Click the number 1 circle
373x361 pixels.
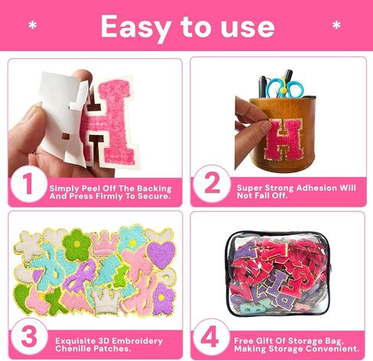[x=28, y=185]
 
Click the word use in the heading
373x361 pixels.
[x=245, y=28]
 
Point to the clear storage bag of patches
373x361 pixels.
[x=279, y=275]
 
